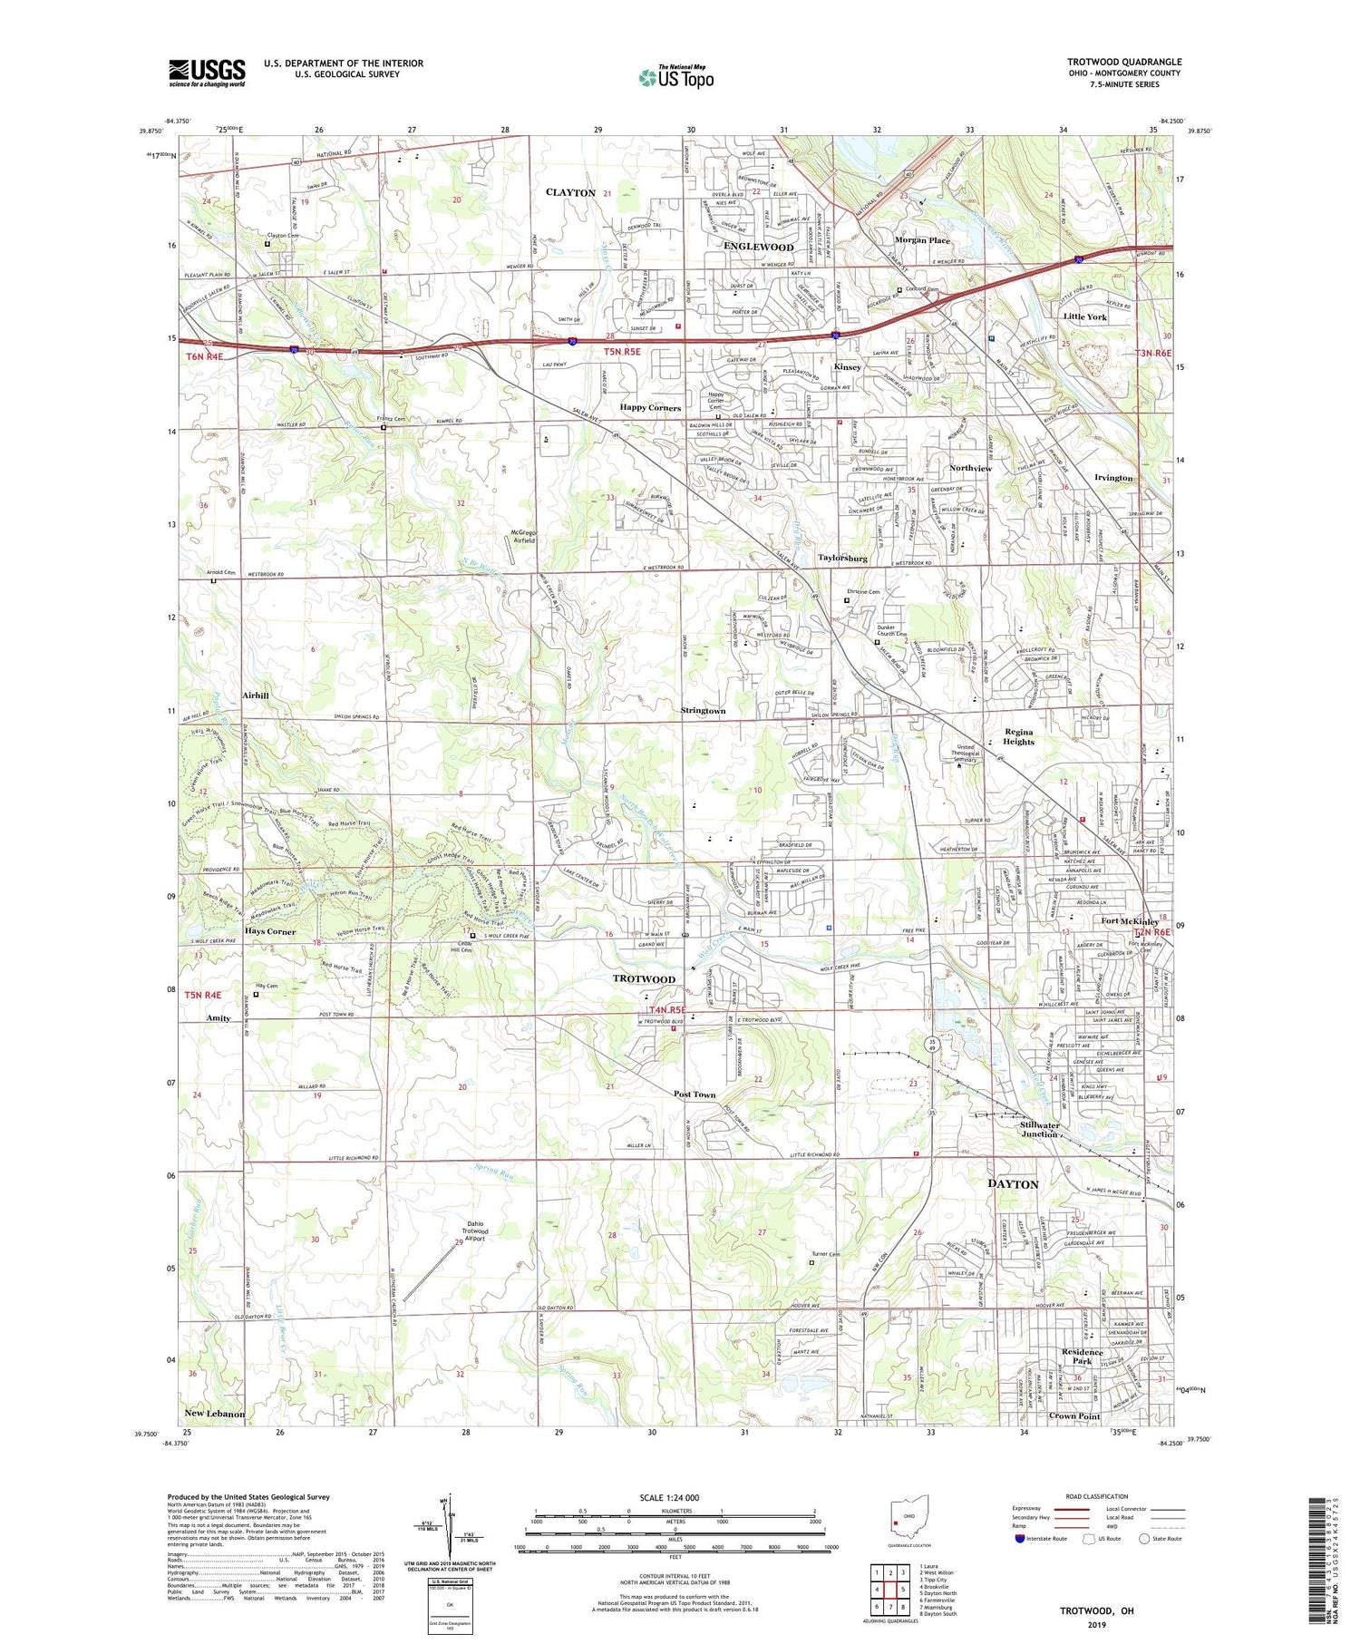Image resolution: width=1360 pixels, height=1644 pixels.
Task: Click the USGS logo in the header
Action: pos(207,73)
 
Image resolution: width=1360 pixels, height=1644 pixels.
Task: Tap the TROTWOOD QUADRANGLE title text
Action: pos(1123,62)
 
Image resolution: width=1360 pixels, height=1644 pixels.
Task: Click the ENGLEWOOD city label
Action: pos(758,247)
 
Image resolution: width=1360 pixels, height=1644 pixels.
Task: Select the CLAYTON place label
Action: pos(570,193)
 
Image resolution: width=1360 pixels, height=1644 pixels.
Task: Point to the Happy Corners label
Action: pos(650,408)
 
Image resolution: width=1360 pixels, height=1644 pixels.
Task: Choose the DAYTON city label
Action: pos(1013,1184)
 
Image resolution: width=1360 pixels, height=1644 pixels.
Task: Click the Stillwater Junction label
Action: pos(1039,1129)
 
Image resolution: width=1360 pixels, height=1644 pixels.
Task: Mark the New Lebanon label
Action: pos(214,1414)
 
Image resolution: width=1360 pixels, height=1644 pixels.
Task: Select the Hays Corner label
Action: pos(270,931)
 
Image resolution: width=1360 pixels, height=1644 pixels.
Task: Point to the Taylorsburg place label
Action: pos(842,559)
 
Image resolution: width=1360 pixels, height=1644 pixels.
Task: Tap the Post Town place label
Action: pos(695,1094)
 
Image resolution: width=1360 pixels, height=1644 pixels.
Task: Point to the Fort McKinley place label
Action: pos(1129,921)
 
